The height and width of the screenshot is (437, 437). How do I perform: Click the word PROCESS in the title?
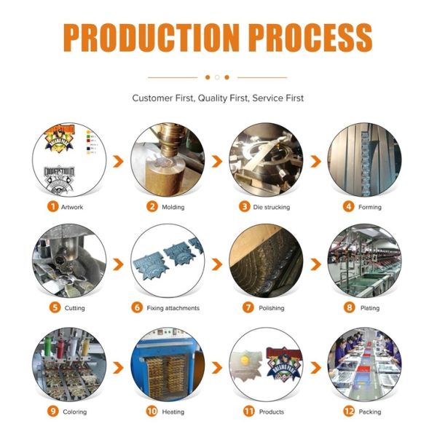coord(307,36)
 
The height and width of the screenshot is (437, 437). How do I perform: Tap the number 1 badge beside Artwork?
coord(53,206)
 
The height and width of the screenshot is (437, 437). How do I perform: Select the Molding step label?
coord(173,207)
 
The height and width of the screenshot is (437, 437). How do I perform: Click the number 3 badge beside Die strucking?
coord(245,206)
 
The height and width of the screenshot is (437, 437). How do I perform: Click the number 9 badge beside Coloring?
coord(53,412)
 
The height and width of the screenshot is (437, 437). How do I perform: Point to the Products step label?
coord(272,412)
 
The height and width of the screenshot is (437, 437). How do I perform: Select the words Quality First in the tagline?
coord(218,98)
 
